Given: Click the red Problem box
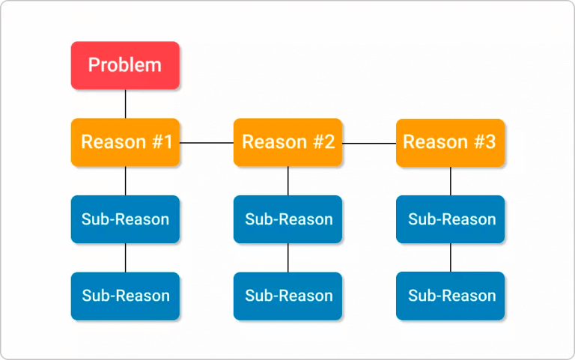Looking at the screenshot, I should click(125, 65).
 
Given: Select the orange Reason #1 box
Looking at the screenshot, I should click(125, 142).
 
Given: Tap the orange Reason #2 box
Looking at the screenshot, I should click(287, 142).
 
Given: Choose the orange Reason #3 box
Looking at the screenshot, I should click(450, 142).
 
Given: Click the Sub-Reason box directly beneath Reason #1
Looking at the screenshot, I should click(125, 219).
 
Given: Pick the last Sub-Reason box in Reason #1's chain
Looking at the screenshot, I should click(125, 296).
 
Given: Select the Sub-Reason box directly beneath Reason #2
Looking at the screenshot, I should click(287, 219).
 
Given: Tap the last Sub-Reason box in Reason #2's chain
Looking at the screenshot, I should click(287, 296).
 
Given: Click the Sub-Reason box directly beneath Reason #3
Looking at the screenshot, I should click(450, 219).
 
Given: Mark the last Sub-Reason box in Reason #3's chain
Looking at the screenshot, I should click(450, 296).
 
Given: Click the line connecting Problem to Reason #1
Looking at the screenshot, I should click(125, 104).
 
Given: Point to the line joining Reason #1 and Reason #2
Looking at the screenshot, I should click(207, 142).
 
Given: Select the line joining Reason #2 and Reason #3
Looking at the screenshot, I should click(369, 142).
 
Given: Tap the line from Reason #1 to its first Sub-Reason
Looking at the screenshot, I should click(125, 181).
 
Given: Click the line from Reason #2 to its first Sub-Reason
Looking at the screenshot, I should click(287, 181).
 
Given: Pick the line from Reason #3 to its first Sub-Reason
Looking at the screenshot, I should click(450, 181).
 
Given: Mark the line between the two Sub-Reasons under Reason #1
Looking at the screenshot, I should click(125, 257).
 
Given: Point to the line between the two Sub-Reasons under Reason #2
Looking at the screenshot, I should click(287, 257).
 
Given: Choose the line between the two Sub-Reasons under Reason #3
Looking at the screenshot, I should click(450, 257).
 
